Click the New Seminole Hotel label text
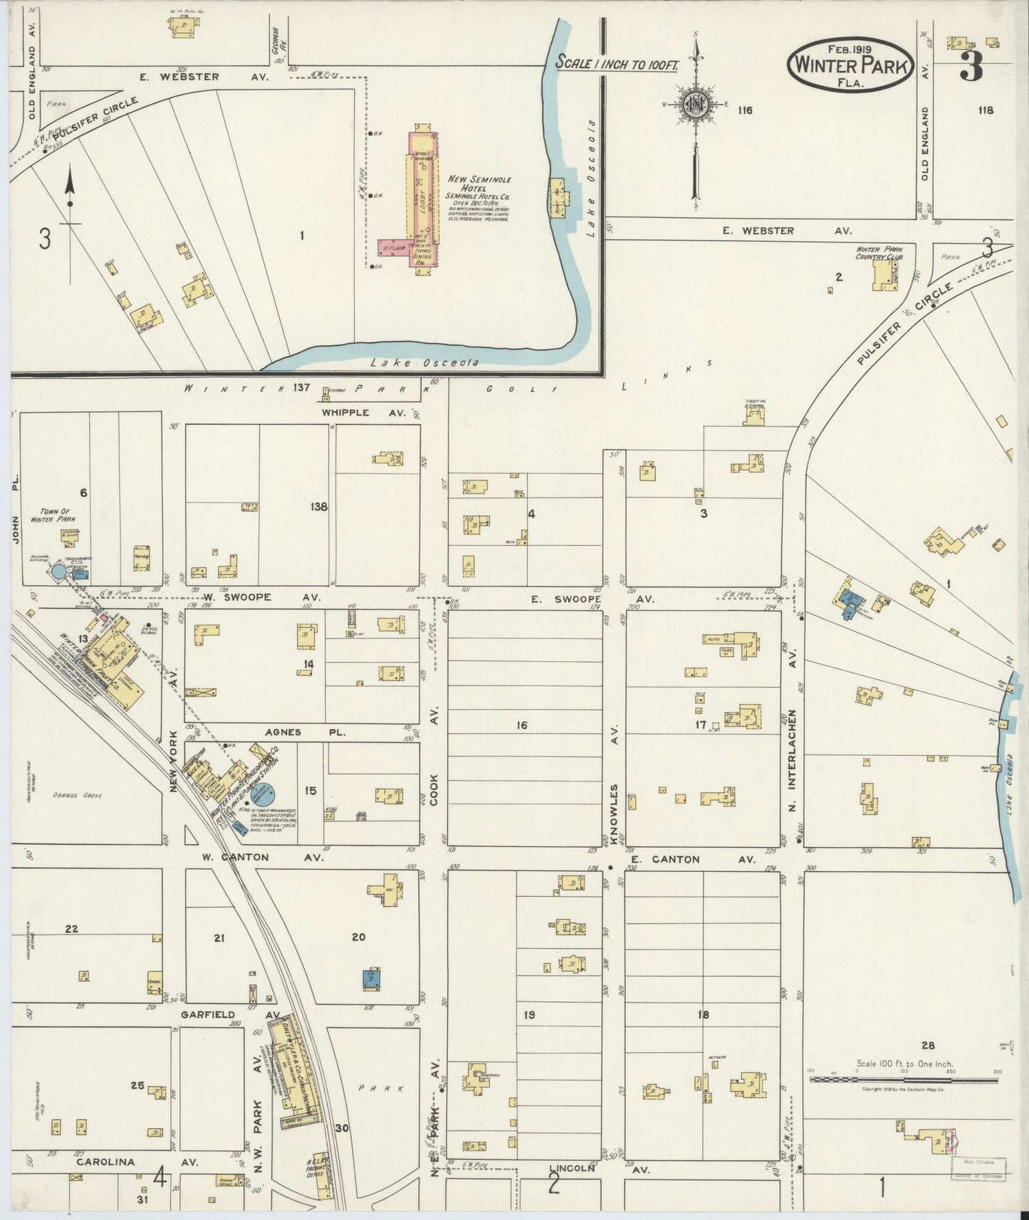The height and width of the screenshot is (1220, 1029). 479,184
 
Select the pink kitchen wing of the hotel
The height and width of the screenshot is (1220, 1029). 392,247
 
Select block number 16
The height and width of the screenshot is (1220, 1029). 522,725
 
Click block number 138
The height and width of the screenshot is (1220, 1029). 318,507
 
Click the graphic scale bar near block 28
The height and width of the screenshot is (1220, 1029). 903,1079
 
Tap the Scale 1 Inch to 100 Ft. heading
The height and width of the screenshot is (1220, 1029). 617,63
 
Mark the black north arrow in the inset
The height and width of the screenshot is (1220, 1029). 70,189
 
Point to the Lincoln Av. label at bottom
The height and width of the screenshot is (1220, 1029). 582,1168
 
